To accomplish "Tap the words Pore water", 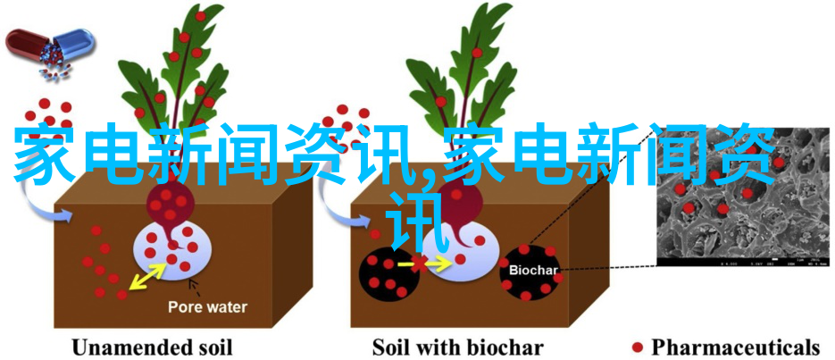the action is tap(207, 307).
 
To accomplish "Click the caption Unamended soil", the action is tap(152, 347).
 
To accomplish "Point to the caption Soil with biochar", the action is tap(457, 347).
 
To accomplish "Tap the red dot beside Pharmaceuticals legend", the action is tap(638, 347).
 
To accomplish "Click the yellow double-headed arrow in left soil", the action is tap(148, 277).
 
